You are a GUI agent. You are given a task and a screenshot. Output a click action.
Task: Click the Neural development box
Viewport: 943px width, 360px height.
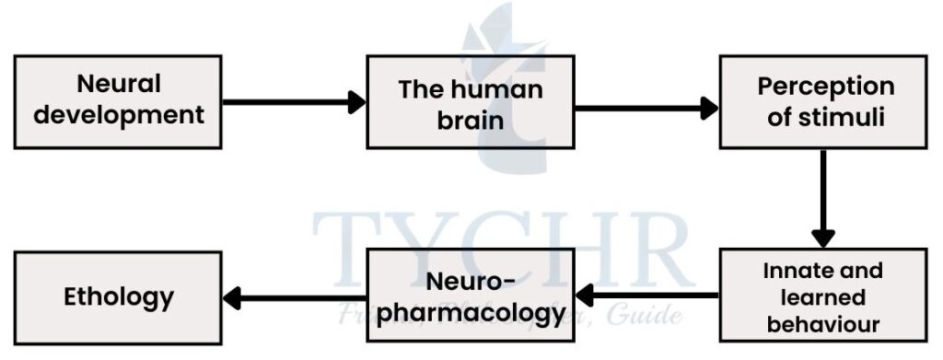pyautogui.click(x=118, y=101)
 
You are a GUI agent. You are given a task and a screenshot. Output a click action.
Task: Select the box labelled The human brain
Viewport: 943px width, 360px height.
pyautogui.click(x=470, y=102)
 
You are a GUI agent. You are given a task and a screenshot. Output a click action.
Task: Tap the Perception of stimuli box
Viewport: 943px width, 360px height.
pyautogui.click(x=824, y=100)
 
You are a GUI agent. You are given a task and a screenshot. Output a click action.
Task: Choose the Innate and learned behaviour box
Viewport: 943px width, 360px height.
pyautogui.click(x=824, y=297)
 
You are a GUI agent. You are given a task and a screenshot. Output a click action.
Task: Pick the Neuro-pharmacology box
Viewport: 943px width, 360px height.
pyautogui.click(x=470, y=297)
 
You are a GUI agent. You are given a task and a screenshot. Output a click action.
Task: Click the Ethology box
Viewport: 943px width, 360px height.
pyautogui.click(x=118, y=297)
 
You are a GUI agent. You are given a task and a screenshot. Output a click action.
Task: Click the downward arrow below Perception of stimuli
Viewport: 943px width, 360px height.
pyautogui.click(x=823, y=198)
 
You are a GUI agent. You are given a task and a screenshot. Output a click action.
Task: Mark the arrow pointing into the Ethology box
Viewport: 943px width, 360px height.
pyautogui.click(x=295, y=297)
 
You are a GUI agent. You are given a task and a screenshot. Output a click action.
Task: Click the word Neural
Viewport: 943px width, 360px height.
pyautogui.click(x=118, y=85)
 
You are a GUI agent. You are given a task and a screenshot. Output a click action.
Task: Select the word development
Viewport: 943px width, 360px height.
pyautogui.click(x=118, y=116)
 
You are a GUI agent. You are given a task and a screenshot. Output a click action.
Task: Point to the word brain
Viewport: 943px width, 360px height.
pyautogui.click(x=470, y=120)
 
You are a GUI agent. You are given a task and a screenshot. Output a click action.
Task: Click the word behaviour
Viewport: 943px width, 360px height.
pyautogui.click(x=824, y=324)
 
